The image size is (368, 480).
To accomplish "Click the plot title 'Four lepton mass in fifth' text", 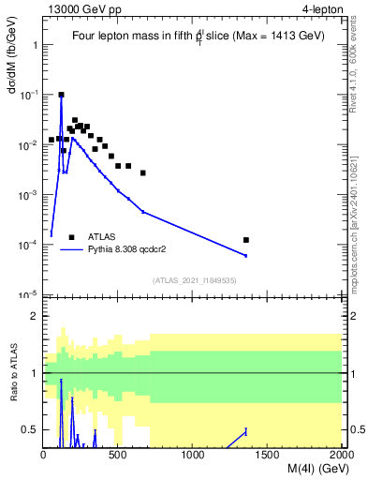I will tap(135, 36).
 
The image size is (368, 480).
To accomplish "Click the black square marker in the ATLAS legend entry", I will tap(71, 237).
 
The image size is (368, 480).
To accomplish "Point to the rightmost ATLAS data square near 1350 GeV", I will tap(246, 240).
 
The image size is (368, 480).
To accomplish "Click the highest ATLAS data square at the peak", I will tap(61, 95).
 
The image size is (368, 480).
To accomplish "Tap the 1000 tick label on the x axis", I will tap(193, 456).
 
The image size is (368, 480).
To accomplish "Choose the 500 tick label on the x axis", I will tap(118, 456).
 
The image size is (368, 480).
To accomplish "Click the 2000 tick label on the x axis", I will tap(341, 456).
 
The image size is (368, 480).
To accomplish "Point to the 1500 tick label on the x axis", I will tap(268, 456).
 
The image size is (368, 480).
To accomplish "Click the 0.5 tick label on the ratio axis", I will tap(30, 429).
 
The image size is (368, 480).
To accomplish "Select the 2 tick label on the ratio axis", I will tap(34, 316).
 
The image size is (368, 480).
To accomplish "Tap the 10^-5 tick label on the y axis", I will tap(28, 294).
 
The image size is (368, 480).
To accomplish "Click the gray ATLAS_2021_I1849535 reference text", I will tap(193, 280).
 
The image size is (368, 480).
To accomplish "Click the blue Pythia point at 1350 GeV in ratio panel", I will tap(246, 431).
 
